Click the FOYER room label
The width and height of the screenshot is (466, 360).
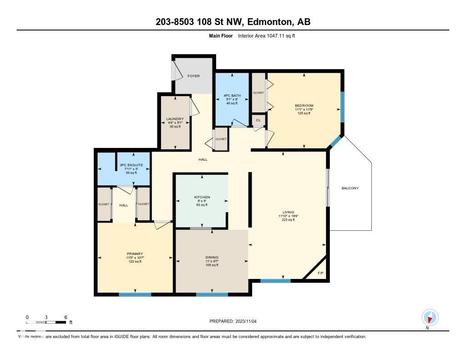(x=193, y=76)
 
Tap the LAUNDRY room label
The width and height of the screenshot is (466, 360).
(x=175, y=119)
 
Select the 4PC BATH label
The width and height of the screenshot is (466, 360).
(x=232, y=95)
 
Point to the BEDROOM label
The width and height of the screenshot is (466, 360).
(x=304, y=106)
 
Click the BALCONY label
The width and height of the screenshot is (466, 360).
(x=350, y=188)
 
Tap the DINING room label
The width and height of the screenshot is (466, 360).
(x=212, y=257)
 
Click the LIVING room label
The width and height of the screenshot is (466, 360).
(x=288, y=212)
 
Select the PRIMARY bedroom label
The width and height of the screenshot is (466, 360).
(x=135, y=254)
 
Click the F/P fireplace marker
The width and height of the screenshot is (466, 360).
(x=320, y=273)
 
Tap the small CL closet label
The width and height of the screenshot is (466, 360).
(x=258, y=120)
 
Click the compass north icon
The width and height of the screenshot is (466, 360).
(x=430, y=317)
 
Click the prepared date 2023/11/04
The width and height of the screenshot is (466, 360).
(x=236, y=321)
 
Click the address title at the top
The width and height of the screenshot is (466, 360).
(x=233, y=22)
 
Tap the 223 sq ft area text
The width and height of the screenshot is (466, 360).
(x=288, y=220)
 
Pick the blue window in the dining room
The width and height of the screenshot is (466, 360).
(x=212, y=294)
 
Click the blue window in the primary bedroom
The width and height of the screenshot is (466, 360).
(x=135, y=294)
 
